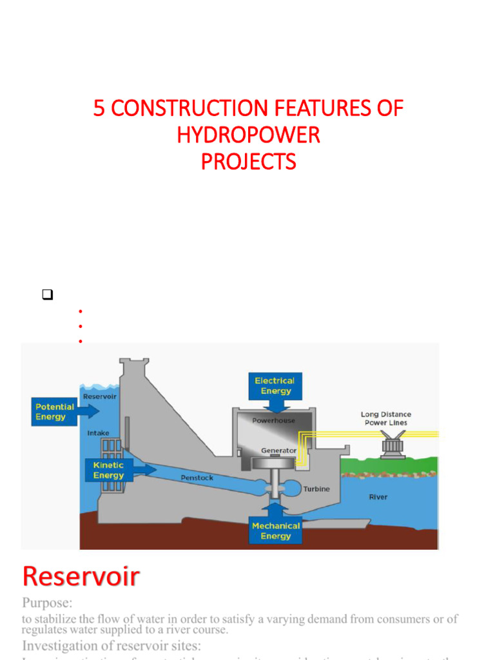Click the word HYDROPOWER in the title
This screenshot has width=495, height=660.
point(248,135)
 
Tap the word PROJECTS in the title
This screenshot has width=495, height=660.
point(248,161)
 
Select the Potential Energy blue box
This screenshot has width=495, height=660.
point(55,412)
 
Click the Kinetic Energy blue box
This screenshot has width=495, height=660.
point(108,470)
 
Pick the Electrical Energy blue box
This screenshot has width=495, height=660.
point(276,385)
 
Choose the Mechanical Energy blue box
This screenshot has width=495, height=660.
point(276,530)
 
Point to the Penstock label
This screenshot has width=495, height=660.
point(197,478)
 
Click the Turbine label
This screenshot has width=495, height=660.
point(316,489)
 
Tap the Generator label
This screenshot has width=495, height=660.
point(278,450)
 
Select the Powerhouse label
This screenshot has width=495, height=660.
point(273,420)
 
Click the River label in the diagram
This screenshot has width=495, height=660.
point(378,497)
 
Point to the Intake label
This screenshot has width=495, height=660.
point(98,433)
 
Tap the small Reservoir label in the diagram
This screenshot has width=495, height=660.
point(100,396)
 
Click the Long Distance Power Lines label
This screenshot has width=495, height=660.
point(385,418)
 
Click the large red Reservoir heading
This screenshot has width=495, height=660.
point(81,576)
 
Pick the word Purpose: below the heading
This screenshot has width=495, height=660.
point(48,603)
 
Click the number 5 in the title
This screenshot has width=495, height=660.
point(99,108)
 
